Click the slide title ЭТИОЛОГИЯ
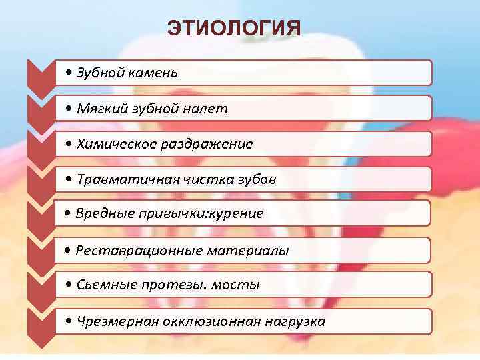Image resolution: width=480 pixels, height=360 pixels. click(234, 28)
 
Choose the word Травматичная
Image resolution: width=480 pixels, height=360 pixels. click(122, 179)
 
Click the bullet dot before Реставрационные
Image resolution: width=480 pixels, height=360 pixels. click(69, 251)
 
